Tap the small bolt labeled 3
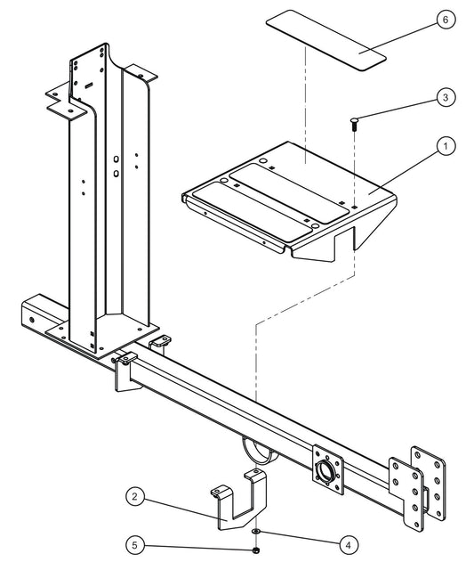pos(354,124)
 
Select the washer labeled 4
pos(255,532)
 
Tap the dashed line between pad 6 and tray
pos(305,107)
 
